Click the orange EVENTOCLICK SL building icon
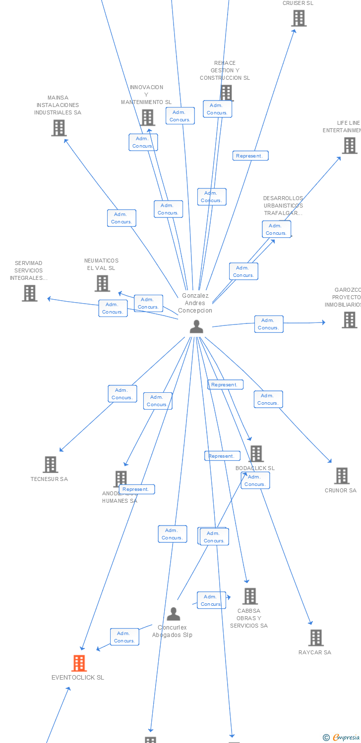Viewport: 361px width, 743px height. pos(79,663)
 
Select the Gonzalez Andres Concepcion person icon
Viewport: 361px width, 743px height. pos(197,326)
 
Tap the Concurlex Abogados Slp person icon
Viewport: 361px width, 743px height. pos(173,614)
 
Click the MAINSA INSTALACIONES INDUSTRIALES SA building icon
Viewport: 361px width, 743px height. pos(59,128)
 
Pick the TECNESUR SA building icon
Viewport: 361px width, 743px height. pos(51,465)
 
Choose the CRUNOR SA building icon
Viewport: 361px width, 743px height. pos(342,476)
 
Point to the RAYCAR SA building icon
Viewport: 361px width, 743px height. pos(316,638)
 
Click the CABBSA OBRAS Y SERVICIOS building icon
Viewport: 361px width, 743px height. pos(250,596)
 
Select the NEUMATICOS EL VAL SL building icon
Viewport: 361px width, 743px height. pos(102,283)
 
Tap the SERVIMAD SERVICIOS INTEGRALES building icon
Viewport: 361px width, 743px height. pos(30,293)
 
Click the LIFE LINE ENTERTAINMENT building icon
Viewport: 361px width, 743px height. pos(350,146)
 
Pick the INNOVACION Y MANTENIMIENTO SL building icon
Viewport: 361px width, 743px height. pos(147,118)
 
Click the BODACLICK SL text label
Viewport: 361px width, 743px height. pos(255,468)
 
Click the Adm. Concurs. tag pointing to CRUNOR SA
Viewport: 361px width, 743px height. pos(268,399)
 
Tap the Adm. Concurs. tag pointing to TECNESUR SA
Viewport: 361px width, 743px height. pos(122,394)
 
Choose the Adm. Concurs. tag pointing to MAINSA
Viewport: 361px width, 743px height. pos(121,218)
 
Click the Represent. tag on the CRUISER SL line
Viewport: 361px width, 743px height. pos(250,156)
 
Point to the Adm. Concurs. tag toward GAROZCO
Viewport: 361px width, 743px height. pos(269,324)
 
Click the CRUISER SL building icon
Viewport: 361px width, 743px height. pos(299,18)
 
